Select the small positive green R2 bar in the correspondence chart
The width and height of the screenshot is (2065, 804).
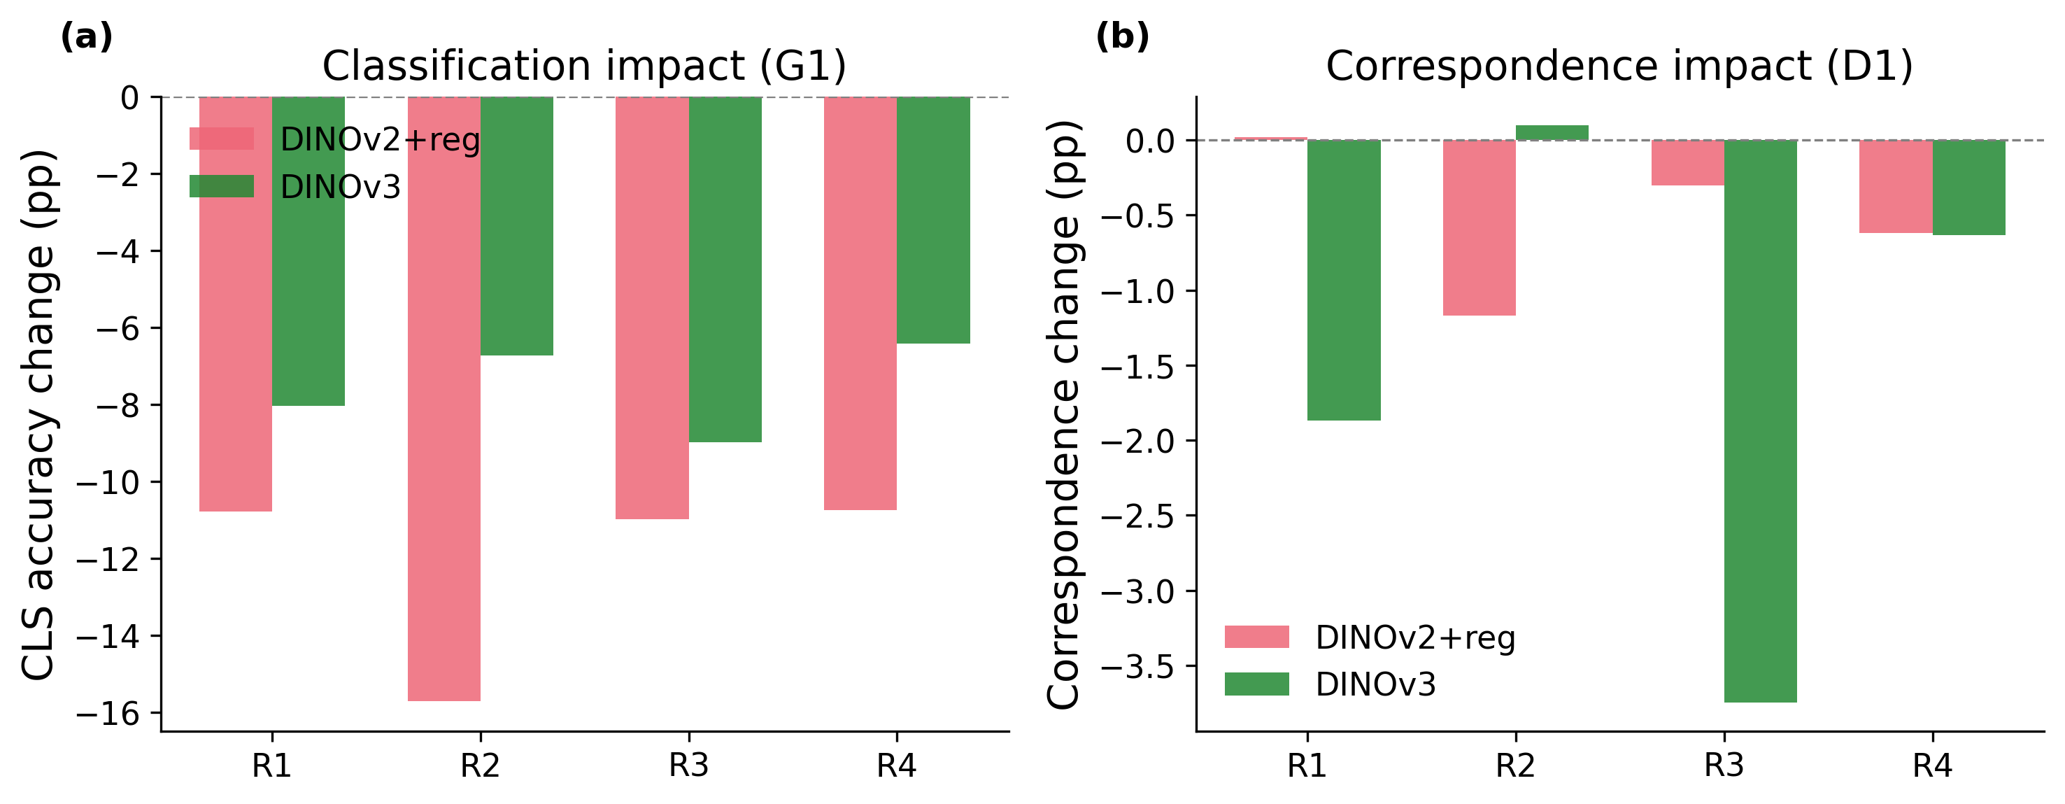click(1552, 132)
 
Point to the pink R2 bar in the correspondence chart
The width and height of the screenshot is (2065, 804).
click(1479, 227)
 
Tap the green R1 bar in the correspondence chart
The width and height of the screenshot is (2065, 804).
click(1344, 280)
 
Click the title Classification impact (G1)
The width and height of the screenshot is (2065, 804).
click(583, 66)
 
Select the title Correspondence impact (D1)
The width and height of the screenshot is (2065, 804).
click(1619, 66)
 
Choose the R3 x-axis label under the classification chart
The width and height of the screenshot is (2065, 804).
click(688, 766)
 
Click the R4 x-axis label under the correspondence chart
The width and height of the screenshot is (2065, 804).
click(1932, 766)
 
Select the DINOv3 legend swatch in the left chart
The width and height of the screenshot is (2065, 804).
click(221, 186)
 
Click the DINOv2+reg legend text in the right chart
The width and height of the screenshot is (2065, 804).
click(1416, 637)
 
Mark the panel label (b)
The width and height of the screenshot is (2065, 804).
click(1121, 37)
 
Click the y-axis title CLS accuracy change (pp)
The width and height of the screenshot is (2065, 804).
click(38, 414)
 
